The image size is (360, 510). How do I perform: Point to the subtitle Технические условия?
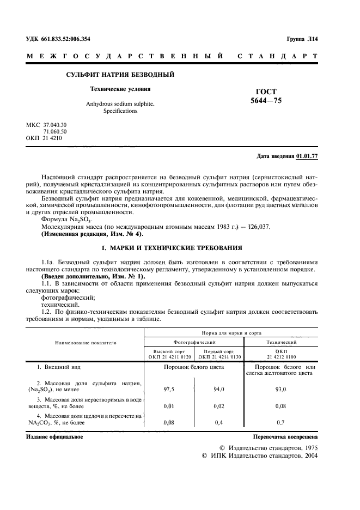pos(120,88)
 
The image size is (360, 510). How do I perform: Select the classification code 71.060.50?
pos(54,131)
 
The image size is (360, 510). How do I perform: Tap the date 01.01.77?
pos(307,156)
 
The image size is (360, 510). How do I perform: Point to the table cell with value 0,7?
pos(280,422)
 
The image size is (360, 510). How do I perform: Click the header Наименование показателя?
pos(86,343)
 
